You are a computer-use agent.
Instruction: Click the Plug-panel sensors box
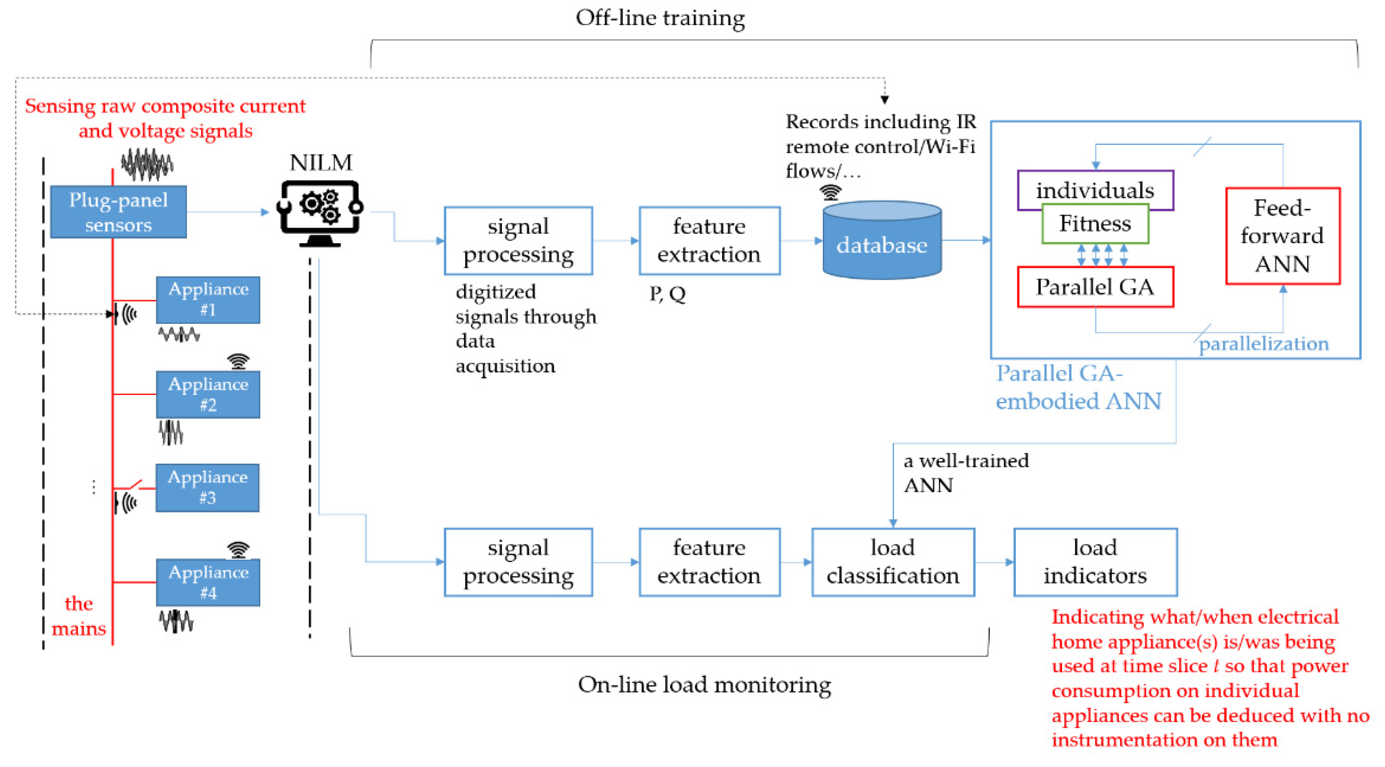(118, 212)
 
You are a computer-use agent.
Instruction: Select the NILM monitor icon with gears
(320, 213)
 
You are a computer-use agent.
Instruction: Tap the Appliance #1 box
(208, 299)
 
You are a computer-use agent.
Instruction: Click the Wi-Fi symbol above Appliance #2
(238, 361)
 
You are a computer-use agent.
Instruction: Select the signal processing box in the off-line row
(518, 240)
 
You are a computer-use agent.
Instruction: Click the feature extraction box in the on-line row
(709, 562)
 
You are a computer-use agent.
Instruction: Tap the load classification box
(893, 562)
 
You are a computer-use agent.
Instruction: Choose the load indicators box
(1095, 562)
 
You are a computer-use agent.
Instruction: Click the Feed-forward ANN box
(1282, 235)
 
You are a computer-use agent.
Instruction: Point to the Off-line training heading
(660, 18)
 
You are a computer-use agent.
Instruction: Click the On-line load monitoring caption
(704, 684)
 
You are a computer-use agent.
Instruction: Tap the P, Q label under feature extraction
(667, 294)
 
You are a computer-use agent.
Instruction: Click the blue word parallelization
(1264, 343)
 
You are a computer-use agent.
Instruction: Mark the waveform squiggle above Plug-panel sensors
(147, 164)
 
